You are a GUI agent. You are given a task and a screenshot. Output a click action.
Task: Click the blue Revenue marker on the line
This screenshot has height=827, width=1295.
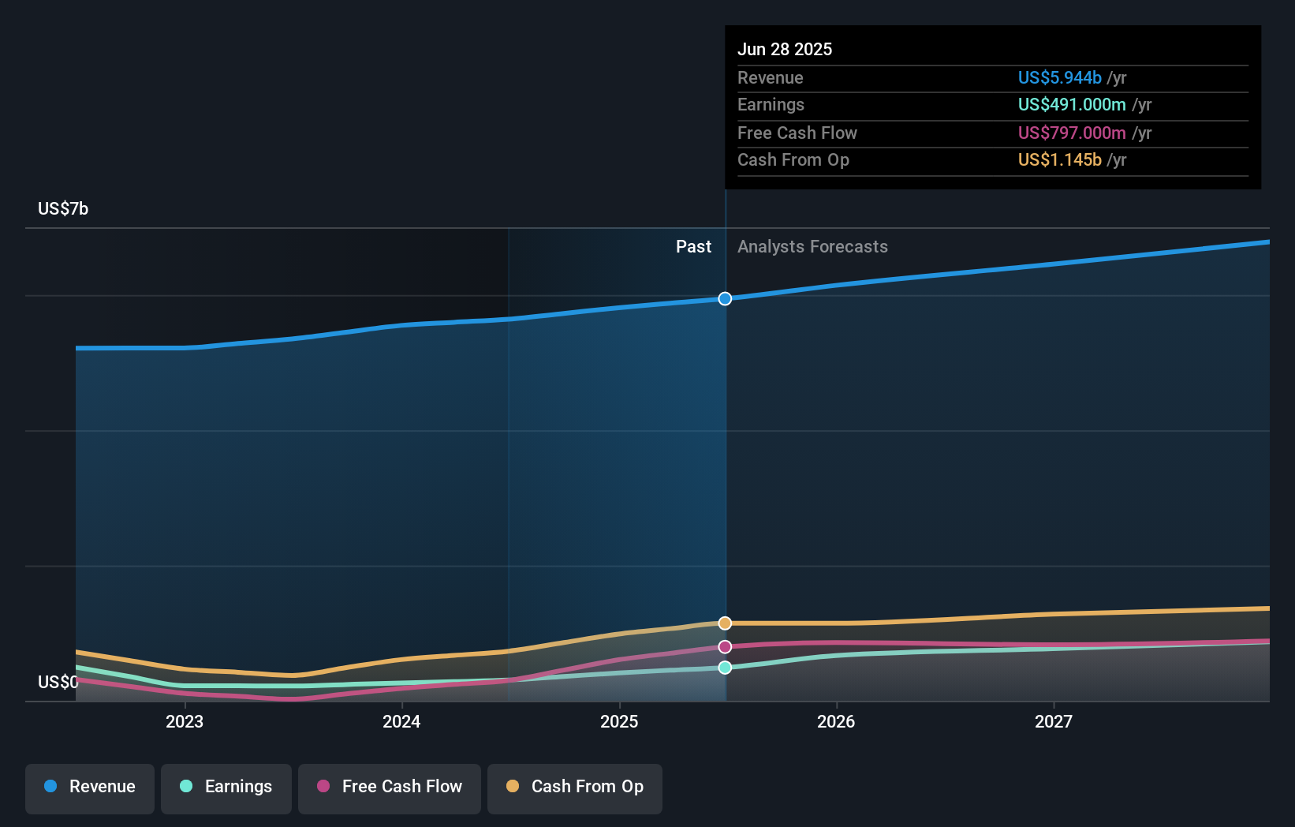tap(725, 298)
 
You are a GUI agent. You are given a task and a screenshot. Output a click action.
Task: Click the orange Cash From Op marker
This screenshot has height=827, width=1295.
tap(725, 623)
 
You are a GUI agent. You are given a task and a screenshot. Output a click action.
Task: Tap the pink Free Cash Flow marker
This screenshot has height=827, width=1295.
tap(725, 647)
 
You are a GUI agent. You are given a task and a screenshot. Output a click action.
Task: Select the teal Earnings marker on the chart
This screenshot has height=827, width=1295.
tap(725, 668)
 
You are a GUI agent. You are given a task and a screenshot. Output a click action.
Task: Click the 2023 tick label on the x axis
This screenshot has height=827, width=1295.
tap(185, 721)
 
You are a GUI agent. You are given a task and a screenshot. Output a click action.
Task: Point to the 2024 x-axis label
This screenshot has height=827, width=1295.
tap(401, 721)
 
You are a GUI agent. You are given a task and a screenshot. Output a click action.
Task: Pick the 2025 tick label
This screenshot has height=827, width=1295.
tap(619, 721)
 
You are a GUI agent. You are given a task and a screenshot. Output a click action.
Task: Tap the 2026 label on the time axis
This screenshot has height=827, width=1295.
tap(836, 721)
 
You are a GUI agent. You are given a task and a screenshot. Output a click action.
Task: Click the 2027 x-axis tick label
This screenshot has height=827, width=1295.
tap(1054, 721)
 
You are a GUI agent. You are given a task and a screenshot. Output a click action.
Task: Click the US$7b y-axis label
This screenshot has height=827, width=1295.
tap(63, 208)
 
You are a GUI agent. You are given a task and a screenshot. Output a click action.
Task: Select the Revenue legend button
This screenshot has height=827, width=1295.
tap(90, 787)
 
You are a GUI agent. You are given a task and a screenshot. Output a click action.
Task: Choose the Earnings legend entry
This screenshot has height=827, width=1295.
tap(226, 787)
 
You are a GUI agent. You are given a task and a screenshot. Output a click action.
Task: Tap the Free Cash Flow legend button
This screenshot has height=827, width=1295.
tap(390, 787)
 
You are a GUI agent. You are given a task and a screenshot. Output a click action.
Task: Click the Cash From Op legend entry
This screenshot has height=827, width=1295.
tap(575, 787)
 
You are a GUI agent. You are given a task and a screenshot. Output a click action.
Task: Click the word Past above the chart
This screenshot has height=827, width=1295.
tap(693, 246)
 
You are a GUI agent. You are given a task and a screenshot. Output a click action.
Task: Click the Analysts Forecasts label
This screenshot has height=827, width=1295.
tap(812, 246)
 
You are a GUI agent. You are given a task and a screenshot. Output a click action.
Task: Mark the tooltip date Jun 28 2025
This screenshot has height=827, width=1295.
tap(785, 49)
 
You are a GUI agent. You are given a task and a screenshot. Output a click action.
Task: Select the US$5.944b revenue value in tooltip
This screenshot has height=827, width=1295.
tap(1059, 77)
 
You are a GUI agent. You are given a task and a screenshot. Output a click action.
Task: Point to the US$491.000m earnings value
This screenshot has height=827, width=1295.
tap(1071, 104)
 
